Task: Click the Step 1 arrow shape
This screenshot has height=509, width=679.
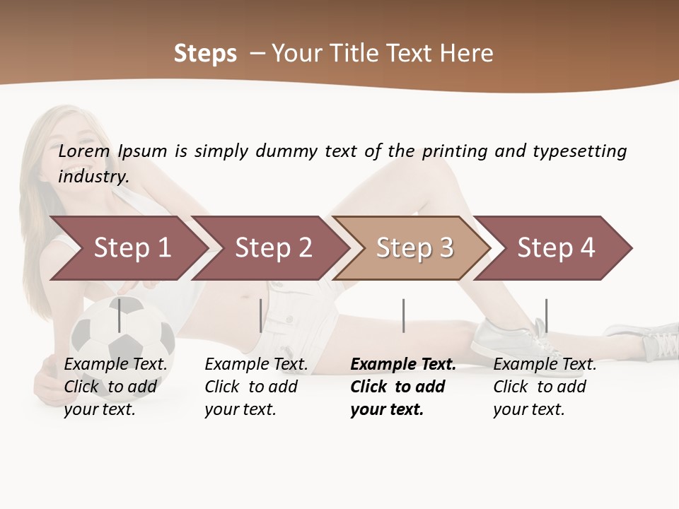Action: tap(132, 248)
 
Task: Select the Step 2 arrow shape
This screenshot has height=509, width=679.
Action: tap(273, 248)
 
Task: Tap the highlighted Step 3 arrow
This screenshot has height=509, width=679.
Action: tap(414, 248)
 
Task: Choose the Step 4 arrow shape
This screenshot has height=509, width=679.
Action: tap(556, 248)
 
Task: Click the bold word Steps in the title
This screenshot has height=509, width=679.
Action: tap(205, 54)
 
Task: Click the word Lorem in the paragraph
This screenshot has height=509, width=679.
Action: tap(84, 151)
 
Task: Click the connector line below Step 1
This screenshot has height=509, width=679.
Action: tap(120, 315)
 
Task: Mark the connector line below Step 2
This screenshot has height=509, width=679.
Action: tap(261, 315)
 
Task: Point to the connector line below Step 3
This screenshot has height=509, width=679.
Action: tap(403, 315)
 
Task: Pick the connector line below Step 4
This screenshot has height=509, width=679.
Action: tap(546, 315)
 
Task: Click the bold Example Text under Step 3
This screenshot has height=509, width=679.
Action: tap(403, 365)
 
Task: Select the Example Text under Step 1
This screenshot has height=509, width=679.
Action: tap(115, 365)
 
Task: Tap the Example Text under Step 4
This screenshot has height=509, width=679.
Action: tap(545, 365)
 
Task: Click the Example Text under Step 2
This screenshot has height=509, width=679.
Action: tap(256, 365)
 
